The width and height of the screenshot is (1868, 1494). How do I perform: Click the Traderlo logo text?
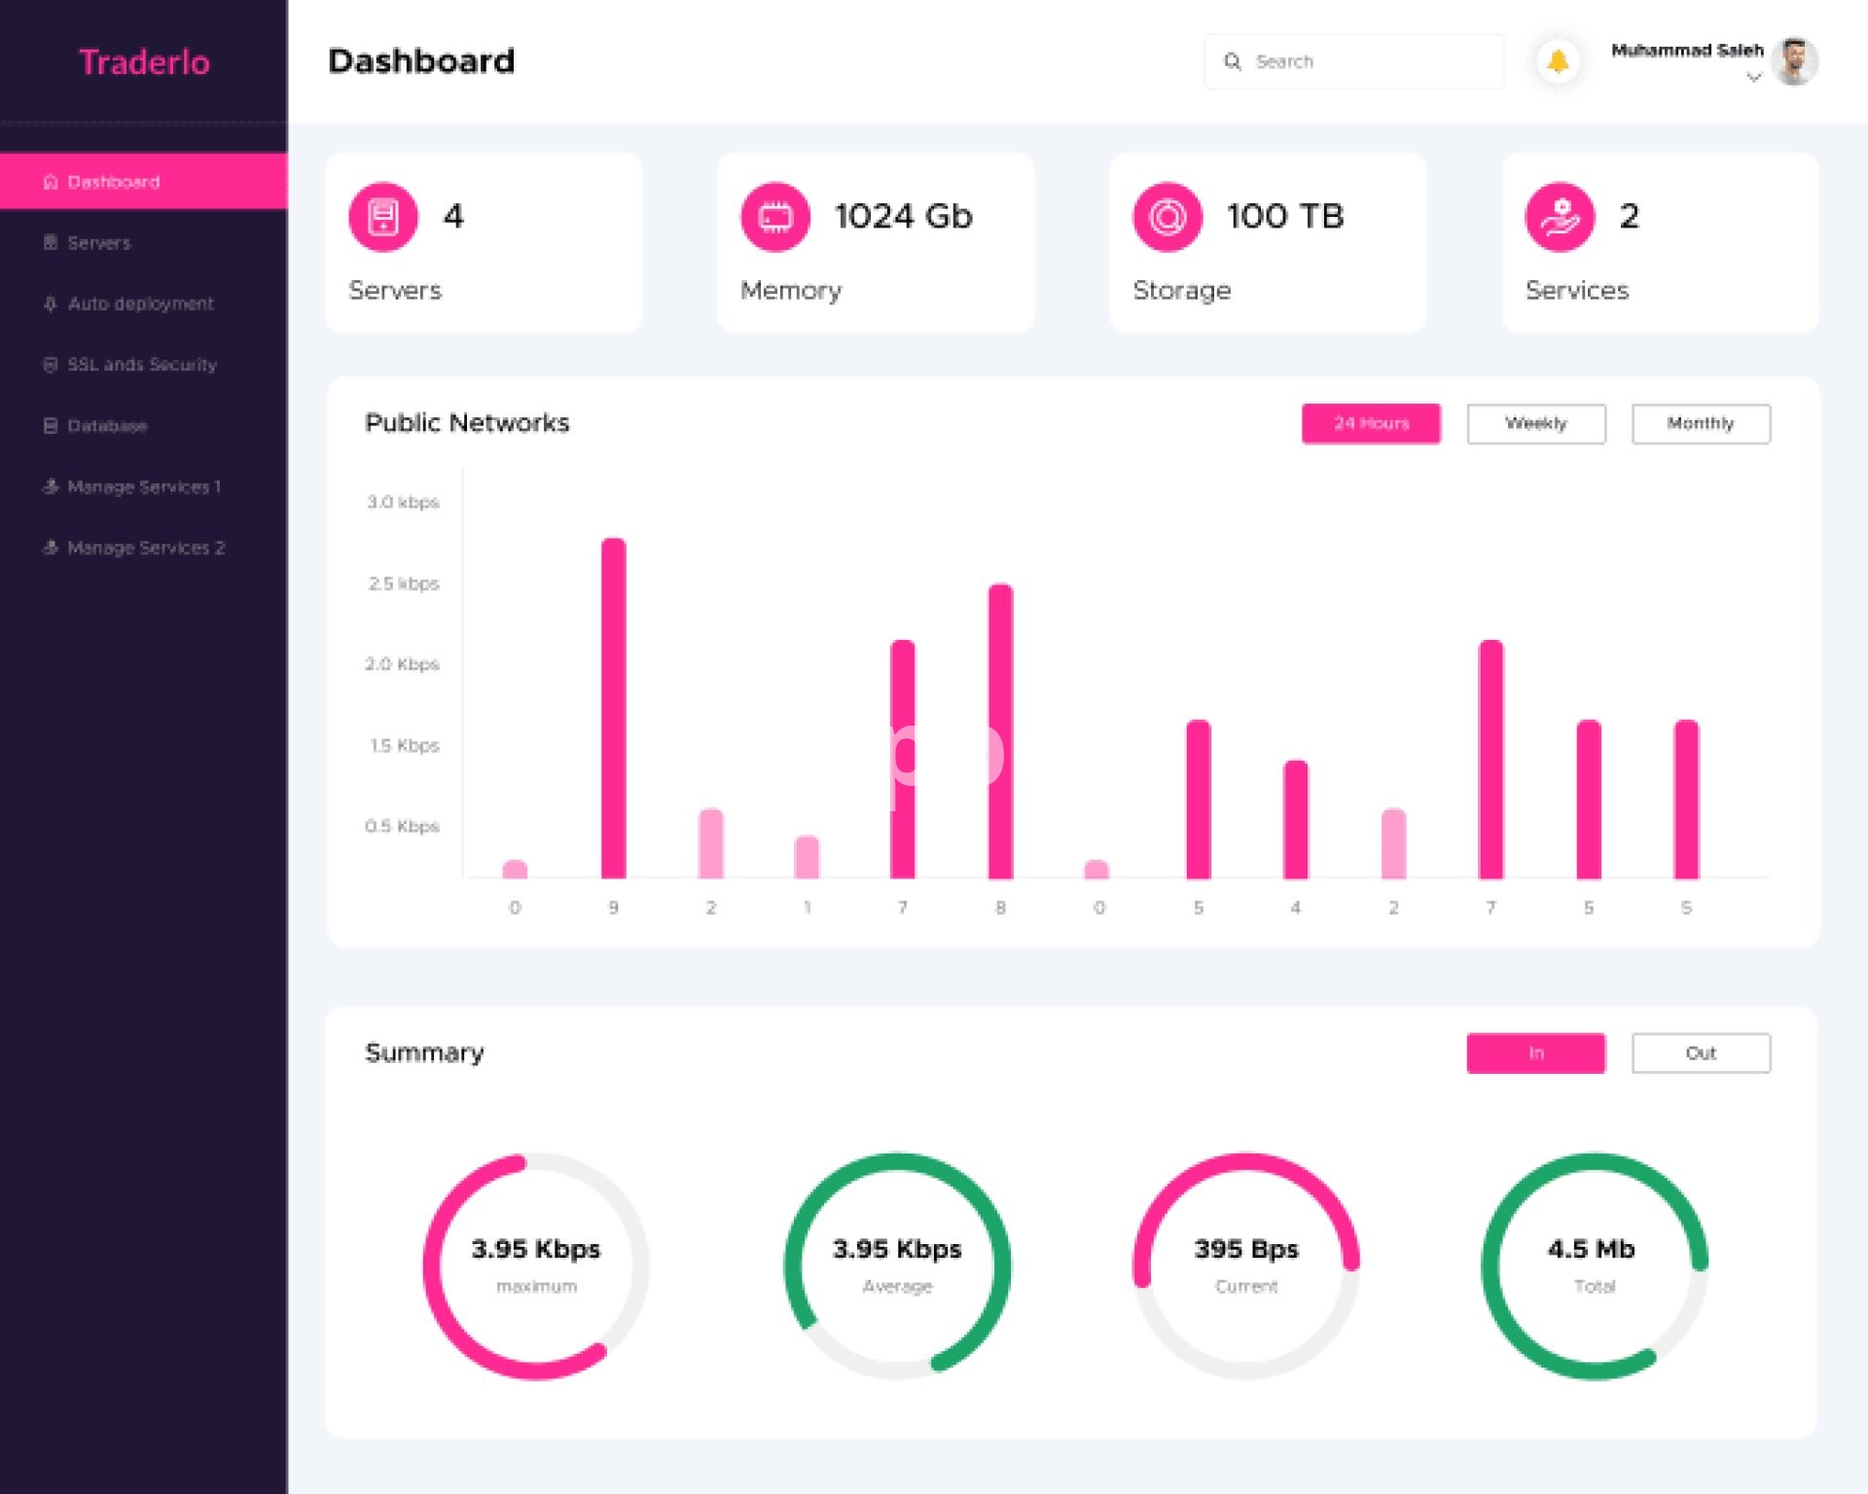[x=144, y=62]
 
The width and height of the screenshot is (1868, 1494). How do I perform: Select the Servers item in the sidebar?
[x=98, y=243]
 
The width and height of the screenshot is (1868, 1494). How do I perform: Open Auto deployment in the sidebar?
[x=140, y=303]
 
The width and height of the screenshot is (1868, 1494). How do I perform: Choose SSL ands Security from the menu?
[x=141, y=365]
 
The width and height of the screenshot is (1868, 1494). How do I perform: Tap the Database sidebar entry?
[x=107, y=426]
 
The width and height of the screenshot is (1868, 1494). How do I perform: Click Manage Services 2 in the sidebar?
[x=145, y=548]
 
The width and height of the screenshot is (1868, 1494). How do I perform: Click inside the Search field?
[x=1362, y=61]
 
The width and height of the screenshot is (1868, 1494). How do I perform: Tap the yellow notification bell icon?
[x=1558, y=61]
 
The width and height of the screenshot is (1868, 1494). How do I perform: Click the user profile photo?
[x=1794, y=61]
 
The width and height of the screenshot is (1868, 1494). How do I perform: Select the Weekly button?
[x=1535, y=423]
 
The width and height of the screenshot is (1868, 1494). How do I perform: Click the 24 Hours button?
[x=1371, y=423]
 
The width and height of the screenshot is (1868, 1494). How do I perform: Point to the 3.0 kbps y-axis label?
[x=403, y=502]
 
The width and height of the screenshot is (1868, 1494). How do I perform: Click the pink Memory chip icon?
[x=775, y=216]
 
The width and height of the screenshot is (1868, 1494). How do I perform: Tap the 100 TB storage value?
[x=1284, y=216]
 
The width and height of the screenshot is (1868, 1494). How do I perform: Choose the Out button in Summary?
[x=1700, y=1052]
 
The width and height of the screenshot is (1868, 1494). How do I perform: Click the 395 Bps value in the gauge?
[x=1245, y=1249]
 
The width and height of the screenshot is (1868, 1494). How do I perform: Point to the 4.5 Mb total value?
[x=1591, y=1249]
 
